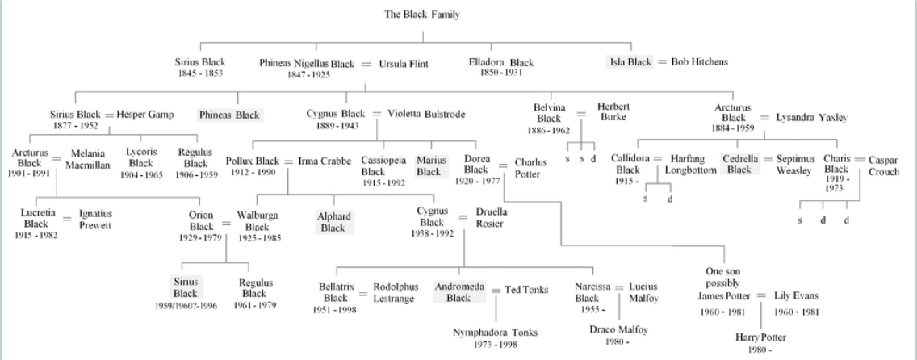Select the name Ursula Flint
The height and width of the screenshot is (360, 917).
(x=404, y=63)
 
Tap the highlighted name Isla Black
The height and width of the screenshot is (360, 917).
(x=629, y=62)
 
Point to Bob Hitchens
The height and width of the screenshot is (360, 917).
(x=699, y=62)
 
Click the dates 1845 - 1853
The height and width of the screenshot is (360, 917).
(x=200, y=73)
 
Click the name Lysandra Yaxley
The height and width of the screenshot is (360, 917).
(x=811, y=117)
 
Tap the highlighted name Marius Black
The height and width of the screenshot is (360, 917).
(x=429, y=165)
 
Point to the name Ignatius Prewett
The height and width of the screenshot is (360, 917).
(x=95, y=219)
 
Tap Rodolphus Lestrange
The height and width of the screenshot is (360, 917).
(x=396, y=292)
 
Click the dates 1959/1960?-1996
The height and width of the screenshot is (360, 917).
(x=185, y=306)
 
